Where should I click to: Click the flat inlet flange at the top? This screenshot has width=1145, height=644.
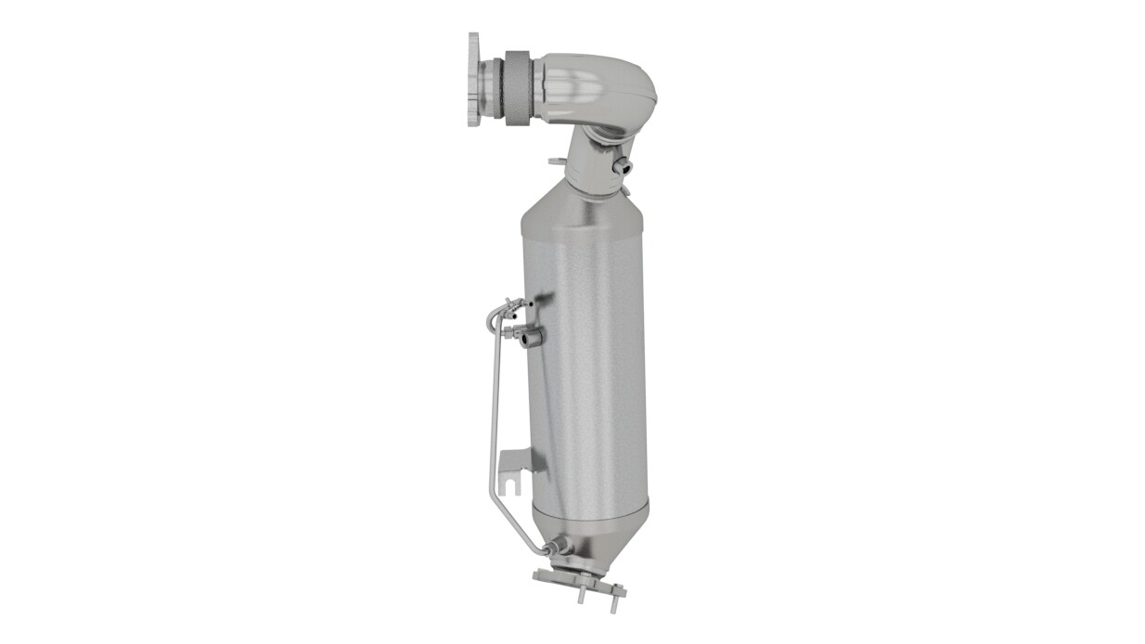click(474, 79)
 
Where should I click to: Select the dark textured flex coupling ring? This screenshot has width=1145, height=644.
click(516, 86)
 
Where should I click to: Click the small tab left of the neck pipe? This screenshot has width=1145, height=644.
click(556, 161)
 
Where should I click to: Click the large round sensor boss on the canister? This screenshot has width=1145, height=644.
click(531, 339)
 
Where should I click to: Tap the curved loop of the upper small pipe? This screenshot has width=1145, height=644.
click(493, 316)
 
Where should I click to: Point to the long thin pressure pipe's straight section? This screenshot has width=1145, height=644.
click(492, 408)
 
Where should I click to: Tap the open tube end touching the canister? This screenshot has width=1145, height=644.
click(527, 302)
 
